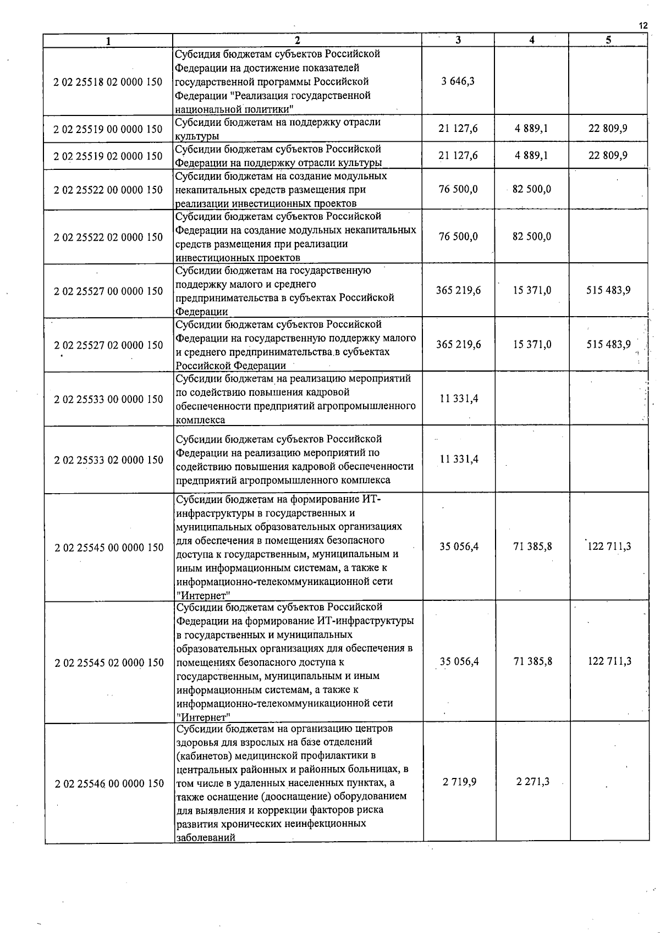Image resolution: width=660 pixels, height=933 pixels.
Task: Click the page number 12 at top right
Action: click(643, 25)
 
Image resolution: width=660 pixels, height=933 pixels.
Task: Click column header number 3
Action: click(458, 40)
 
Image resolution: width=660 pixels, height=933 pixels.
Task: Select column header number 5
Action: click(608, 40)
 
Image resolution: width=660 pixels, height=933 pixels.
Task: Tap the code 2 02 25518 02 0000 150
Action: click(108, 81)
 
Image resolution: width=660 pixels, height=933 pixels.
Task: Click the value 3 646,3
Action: click(458, 81)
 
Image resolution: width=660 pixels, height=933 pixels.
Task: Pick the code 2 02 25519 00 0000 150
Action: click(108, 129)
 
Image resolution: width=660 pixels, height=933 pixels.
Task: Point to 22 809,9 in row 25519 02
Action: click(608, 156)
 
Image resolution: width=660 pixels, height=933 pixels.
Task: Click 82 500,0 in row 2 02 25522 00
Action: click(531, 189)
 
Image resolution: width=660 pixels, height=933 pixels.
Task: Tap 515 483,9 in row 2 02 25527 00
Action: click(608, 290)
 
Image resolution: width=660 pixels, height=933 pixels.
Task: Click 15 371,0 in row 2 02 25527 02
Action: click(531, 344)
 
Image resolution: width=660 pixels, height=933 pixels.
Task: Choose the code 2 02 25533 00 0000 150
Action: click(108, 399)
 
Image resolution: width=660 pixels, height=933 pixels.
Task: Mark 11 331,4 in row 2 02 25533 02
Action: click(459, 459)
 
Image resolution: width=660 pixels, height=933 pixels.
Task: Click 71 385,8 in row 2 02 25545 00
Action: click(532, 546)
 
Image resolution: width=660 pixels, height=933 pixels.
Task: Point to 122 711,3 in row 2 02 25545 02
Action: click(609, 661)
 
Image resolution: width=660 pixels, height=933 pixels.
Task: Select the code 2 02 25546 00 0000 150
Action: click(109, 783)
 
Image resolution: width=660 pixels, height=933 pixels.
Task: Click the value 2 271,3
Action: click(532, 781)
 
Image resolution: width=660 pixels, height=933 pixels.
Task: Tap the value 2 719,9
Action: click(459, 781)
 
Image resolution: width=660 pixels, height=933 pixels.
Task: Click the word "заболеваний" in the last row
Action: click(206, 837)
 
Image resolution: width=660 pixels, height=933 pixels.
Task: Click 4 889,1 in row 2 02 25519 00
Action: click(531, 129)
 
